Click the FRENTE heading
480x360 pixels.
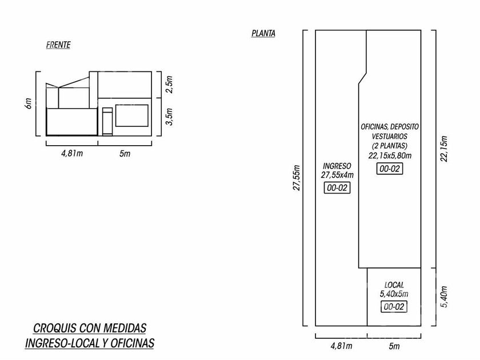58,45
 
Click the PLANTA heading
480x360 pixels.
263,33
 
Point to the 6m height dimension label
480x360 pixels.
28,103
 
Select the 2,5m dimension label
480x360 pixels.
170,85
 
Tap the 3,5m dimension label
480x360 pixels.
170,117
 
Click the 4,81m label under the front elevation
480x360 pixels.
72,153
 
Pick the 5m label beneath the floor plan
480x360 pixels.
394,346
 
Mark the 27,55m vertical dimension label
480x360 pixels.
297,178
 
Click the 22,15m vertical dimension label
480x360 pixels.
444,149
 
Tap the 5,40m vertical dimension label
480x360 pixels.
444,297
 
